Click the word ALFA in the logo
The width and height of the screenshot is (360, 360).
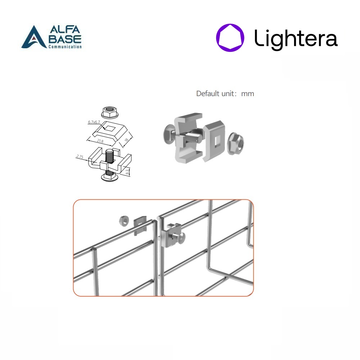(65, 30)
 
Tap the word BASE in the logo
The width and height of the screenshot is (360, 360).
(65, 39)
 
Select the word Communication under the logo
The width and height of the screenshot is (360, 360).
(65, 46)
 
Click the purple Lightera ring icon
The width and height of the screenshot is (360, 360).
(230, 38)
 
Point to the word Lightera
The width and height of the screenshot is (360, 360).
(296, 39)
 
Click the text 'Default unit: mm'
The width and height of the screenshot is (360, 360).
(225, 94)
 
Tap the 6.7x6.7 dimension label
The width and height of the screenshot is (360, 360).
(94, 122)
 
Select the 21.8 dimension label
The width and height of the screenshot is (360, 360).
(100, 141)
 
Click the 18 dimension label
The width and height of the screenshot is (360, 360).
(126, 140)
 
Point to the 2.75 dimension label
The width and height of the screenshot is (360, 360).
(80, 157)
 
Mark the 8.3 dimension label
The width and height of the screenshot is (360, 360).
(127, 172)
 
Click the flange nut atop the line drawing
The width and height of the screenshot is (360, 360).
(110, 112)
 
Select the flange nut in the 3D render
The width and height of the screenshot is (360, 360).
(235, 143)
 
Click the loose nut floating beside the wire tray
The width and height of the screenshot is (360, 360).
(124, 221)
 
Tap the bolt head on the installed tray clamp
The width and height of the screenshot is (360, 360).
(181, 238)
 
